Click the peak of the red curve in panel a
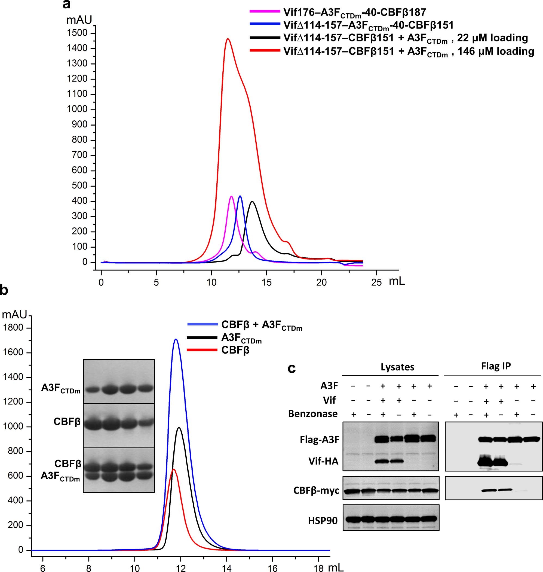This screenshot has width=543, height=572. pyautogui.click(x=228, y=39)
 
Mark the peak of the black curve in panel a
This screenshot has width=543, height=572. pyautogui.click(x=252, y=202)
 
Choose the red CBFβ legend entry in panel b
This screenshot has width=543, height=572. pyautogui.click(x=235, y=350)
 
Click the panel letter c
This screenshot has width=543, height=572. pyautogui.click(x=292, y=368)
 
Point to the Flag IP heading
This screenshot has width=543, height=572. pyautogui.click(x=496, y=366)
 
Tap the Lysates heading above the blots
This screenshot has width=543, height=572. pyautogui.click(x=397, y=367)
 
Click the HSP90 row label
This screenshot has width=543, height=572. pyautogui.click(x=323, y=521)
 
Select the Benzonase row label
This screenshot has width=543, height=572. pyautogui.click(x=313, y=414)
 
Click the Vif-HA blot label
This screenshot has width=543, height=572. pyautogui.click(x=323, y=461)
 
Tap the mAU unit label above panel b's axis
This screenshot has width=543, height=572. pyautogui.click(x=14, y=314)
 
